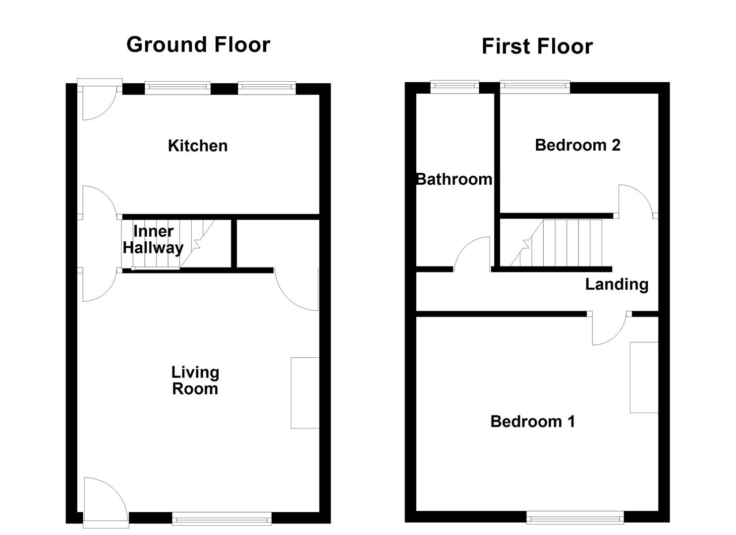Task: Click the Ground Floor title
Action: coord(198,45)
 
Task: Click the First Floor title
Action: coord(537,47)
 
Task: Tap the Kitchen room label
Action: coord(198,146)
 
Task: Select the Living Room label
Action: coord(195,380)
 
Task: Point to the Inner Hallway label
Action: coord(153,239)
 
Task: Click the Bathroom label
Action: coord(454,179)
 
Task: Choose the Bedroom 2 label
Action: coord(577,145)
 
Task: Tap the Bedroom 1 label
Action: coord(533,422)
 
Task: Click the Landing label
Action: coord(617,284)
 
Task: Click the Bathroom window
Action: coord(454,87)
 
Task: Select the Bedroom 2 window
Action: coord(535,87)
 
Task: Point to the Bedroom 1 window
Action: coord(575,518)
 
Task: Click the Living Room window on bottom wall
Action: coord(222,519)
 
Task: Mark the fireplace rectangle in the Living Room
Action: coord(305,392)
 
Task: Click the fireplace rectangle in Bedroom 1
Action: coord(644,377)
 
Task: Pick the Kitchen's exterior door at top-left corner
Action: coord(98,102)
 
